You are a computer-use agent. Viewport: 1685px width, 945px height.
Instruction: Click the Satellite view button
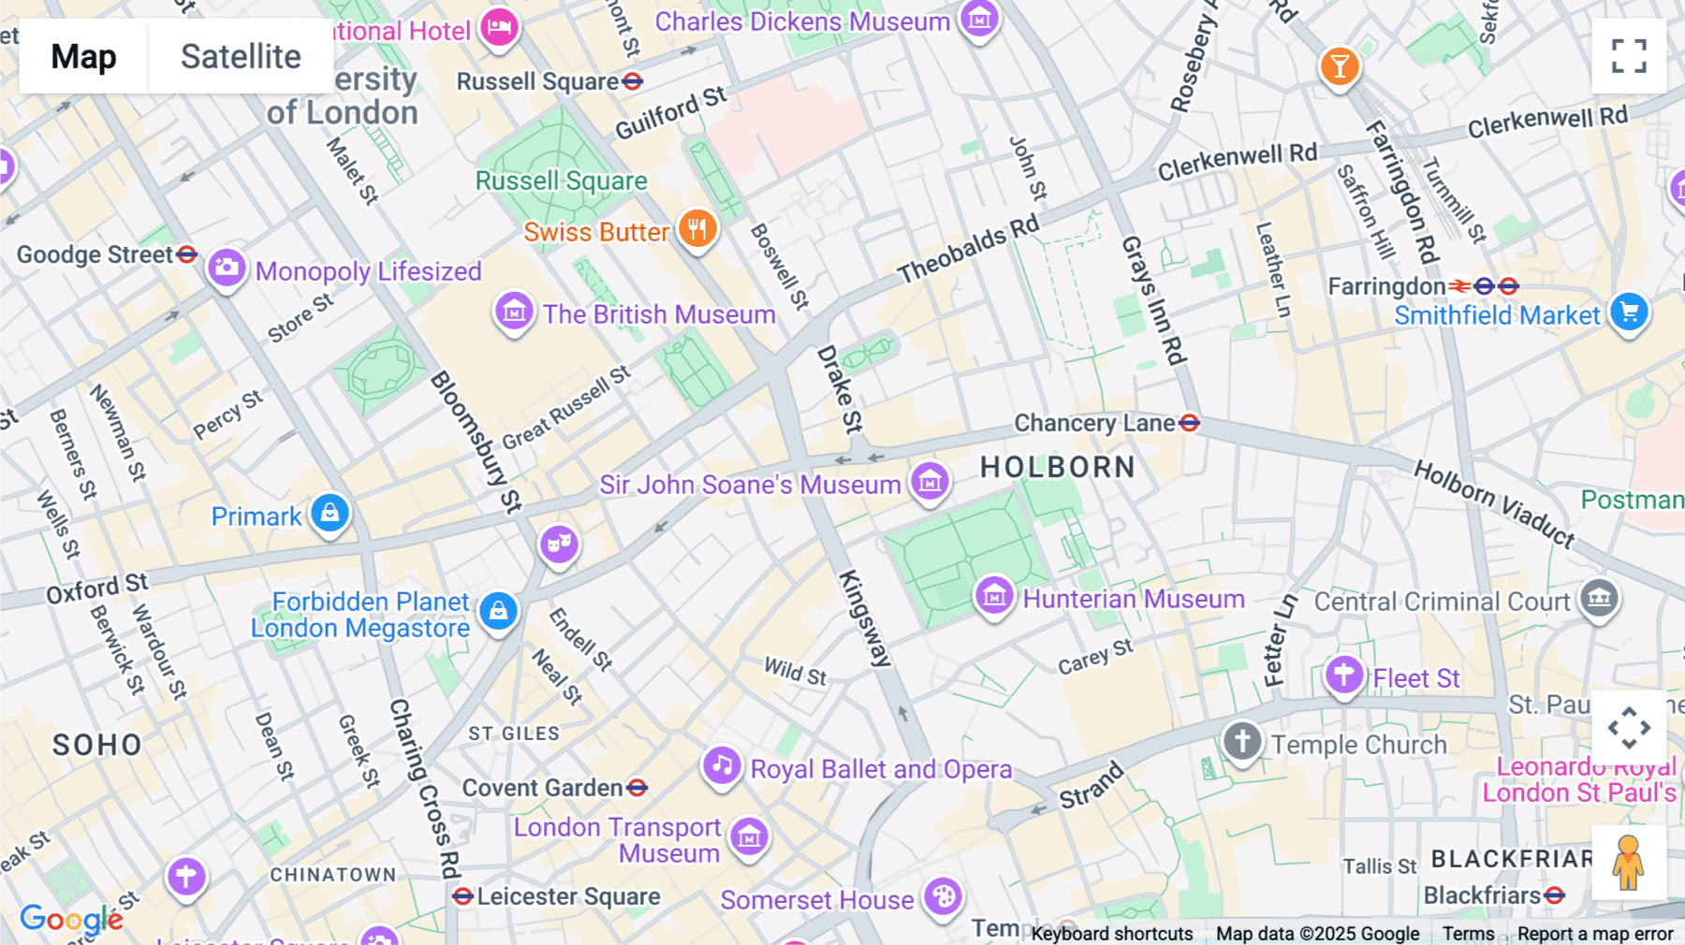(241, 56)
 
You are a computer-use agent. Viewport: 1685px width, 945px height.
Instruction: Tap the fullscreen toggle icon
(1629, 56)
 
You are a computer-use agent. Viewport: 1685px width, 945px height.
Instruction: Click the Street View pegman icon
(1629, 863)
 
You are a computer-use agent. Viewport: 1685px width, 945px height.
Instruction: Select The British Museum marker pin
(514, 312)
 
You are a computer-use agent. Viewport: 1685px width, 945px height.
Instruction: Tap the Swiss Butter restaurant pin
(697, 228)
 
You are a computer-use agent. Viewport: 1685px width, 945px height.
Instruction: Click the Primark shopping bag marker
(330, 514)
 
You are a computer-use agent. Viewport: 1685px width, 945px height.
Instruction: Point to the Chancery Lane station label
(1094, 424)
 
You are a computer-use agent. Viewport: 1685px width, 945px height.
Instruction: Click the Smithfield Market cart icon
(1629, 313)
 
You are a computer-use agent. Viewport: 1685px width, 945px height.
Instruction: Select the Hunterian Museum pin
(993, 596)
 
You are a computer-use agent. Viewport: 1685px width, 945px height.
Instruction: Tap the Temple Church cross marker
(1242, 742)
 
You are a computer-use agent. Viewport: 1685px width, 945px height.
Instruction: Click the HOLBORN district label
(1058, 467)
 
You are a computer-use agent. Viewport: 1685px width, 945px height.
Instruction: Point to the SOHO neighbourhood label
(97, 745)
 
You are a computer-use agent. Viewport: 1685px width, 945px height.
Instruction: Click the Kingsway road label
(864, 618)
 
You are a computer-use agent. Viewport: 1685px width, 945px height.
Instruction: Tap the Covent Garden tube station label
(543, 788)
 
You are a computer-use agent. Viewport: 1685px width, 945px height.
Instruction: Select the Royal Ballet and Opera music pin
(722, 766)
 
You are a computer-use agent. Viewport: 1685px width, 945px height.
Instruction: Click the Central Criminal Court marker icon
(1599, 599)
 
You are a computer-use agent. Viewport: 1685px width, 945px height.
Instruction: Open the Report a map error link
(1595, 934)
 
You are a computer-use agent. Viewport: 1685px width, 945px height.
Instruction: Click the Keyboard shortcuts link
(1112, 934)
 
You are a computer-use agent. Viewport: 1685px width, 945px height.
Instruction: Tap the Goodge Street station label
(95, 254)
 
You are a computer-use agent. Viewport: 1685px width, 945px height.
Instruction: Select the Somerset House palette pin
(943, 897)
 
